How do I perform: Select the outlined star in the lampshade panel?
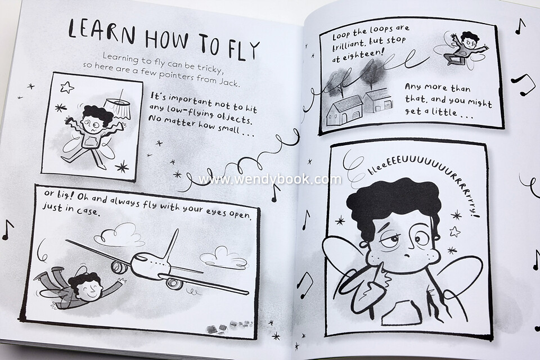pyautogui.click(x=67, y=87)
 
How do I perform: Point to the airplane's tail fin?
pyautogui.click(x=172, y=244)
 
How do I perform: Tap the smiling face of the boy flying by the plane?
pyautogui.click(x=90, y=289)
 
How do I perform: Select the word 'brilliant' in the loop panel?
pyautogui.click(x=348, y=44)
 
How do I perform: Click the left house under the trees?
pyautogui.click(x=344, y=111)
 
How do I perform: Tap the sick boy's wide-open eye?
pyautogui.click(x=420, y=238)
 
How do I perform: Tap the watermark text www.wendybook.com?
pyautogui.click(x=269, y=179)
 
